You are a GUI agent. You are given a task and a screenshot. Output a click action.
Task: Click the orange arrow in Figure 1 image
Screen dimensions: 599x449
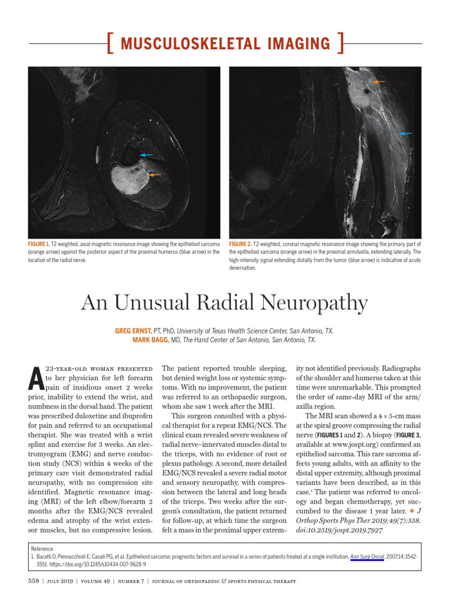click(x=155, y=174)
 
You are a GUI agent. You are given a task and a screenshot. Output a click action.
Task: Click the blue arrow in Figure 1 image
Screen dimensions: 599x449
click(x=146, y=155)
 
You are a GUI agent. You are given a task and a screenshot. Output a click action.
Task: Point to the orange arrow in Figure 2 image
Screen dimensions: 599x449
click(x=379, y=82)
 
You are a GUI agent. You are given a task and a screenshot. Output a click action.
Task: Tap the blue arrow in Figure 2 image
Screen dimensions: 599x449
click(x=405, y=134)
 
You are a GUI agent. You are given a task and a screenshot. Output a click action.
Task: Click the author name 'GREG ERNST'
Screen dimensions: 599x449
click(x=133, y=331)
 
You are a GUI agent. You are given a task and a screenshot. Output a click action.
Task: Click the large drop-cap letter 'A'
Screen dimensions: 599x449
click(x=35, y=380)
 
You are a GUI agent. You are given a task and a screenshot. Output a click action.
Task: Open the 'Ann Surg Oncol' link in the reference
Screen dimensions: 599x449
click(x=366, y=557)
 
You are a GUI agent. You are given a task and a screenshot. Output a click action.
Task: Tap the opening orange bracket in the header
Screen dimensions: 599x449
click(x=110, y=44)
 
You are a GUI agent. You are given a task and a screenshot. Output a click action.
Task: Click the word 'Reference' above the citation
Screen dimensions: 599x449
click(x=42, y=549)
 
